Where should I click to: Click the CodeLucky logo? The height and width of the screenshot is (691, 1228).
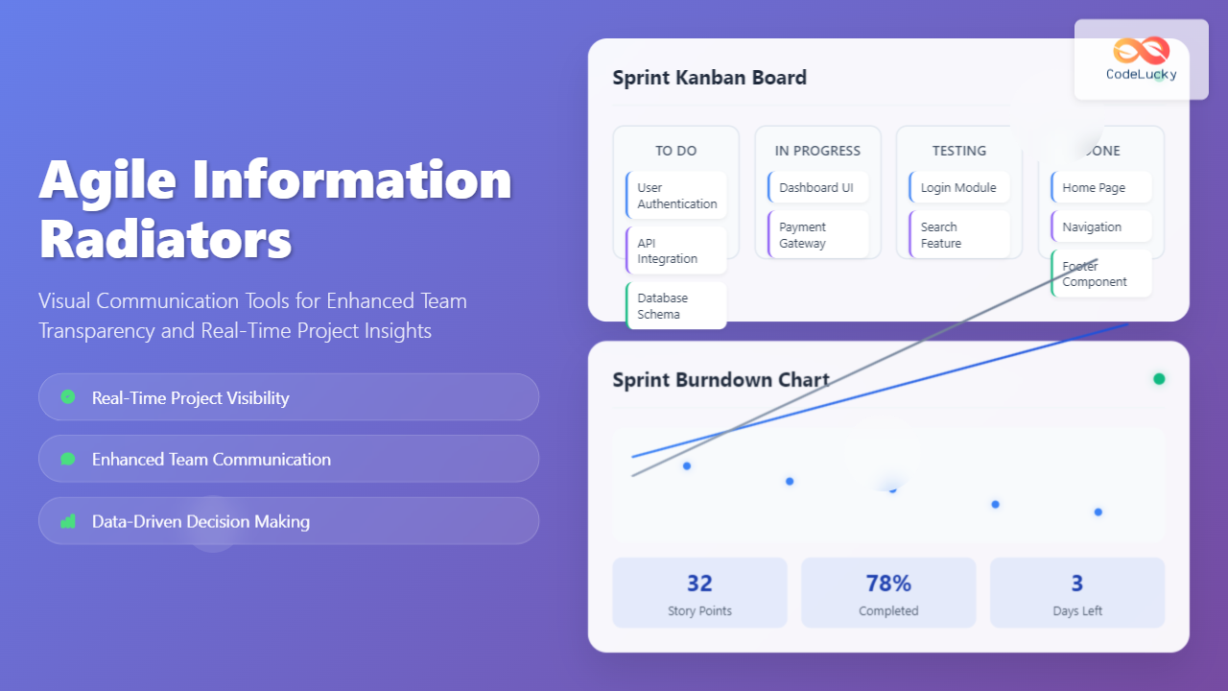click(1141, 59)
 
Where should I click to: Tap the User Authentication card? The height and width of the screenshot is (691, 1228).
click(676, 196)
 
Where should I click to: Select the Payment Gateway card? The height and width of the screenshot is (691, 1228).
click(817, 235)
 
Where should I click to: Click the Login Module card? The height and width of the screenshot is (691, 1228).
click(958, 188)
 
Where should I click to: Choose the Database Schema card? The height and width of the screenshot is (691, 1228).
click(676, 306)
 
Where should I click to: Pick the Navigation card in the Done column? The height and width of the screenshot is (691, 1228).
click(1100, 227)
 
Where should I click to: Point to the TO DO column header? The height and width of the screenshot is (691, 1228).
click(676, 151)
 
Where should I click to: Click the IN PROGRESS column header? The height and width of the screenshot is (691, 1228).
click(817, 151)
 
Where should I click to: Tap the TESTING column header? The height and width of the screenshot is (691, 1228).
click(959, 151)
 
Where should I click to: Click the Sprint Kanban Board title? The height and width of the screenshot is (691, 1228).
click(709, 78)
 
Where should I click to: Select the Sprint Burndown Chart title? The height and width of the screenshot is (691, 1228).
click(720, 380)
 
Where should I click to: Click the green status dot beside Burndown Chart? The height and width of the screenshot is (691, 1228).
click(1159, 379)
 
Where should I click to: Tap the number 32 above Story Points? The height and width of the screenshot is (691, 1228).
click(699, 584)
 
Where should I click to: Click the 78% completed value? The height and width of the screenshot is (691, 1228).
click(888, 584)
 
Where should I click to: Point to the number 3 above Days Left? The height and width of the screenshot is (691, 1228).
click(1077, 584)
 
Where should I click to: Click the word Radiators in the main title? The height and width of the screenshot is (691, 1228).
click(165, 239)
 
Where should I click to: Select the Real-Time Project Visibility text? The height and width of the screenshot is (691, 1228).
click(190, 397)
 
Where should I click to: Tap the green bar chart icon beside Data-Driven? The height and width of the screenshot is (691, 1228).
click(67, 521)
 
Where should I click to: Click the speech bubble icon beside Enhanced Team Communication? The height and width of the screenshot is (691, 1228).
click(67, 459)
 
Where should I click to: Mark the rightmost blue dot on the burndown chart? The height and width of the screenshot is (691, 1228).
click(1098, 512)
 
